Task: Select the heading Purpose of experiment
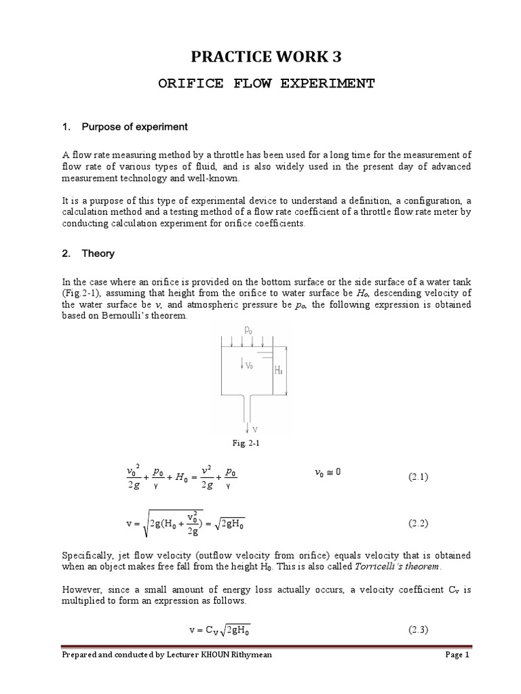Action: pyautogui.click(x=134, y=127)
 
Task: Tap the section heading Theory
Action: pyautogui.click(x=98, y=253)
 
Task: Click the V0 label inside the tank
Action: pyautogui.click(x=248, y=366)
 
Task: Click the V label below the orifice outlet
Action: pyautogui.click(x=252, y=428)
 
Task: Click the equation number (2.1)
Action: pyautogui.click(x=419, y=477)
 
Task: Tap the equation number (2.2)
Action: pyautogui.click(x=419, y=523)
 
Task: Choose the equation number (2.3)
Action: pyautogui.click(x=419, y=630)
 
